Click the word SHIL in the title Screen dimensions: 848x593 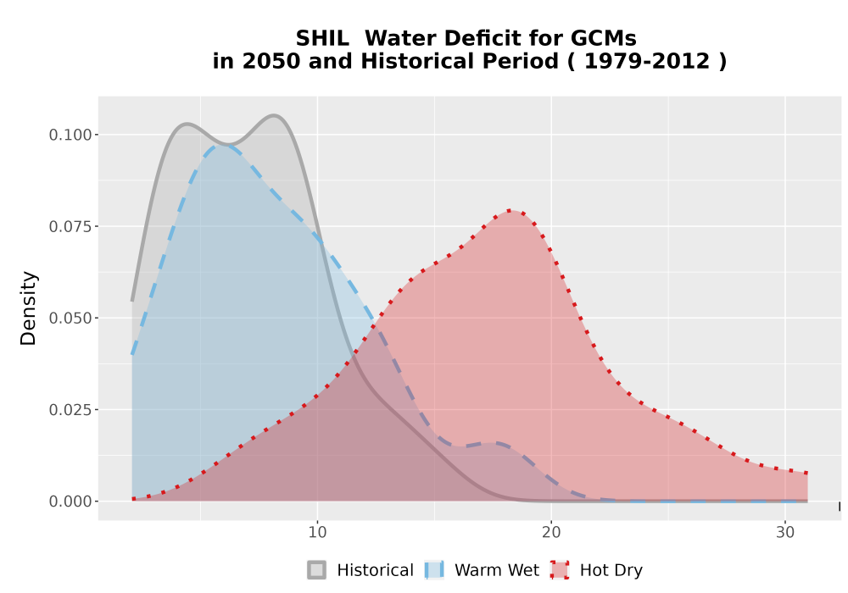321,39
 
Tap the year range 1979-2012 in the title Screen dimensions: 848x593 647,62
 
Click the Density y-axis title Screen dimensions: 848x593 28,308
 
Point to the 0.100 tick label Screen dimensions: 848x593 70,135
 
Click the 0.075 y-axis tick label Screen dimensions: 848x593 70,227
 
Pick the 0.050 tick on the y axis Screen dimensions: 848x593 70,319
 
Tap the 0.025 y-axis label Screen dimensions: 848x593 70,411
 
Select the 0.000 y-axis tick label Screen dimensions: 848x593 70,502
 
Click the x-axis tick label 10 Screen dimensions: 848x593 317,533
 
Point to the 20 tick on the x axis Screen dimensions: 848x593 551,533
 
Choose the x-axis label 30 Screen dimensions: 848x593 785,533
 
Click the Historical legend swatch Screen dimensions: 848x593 317,570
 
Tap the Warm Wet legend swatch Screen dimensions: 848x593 434,570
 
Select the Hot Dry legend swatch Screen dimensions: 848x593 560,570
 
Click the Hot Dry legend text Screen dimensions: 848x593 611,570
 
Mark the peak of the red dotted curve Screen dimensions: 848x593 510,211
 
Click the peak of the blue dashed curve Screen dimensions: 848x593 221,145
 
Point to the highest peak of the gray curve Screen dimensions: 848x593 274,115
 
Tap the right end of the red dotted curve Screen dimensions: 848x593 806,473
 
